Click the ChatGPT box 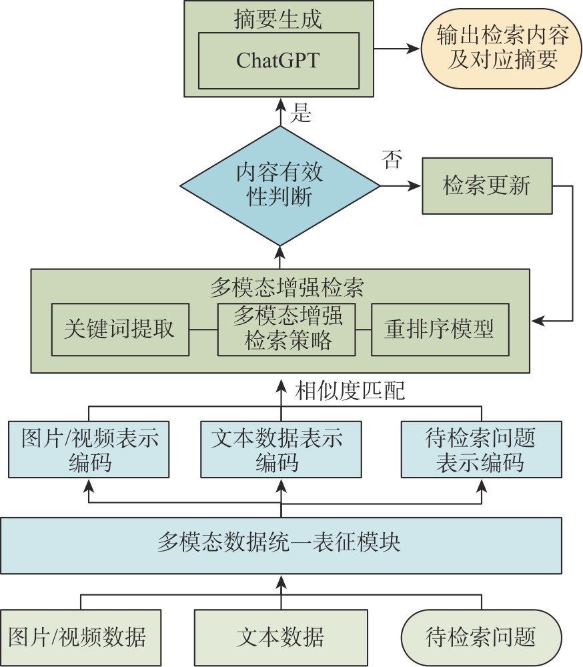[x=277, y=60]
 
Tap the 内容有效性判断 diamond [x=280, y=185]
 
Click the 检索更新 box [x=487, y=185]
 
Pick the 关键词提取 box [x=119, y=329]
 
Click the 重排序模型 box [x=439, y=329]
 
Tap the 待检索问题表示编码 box [x=480, y=449]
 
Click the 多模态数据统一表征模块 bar [x=280, y=545]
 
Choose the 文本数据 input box [x=280, y=637]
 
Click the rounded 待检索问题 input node [x=480, y=637]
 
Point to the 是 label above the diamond [x=302, y=114]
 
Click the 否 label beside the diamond [x=392, y=159]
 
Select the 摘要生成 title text [x=278, y=19]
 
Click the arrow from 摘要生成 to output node [x=396, y=48]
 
